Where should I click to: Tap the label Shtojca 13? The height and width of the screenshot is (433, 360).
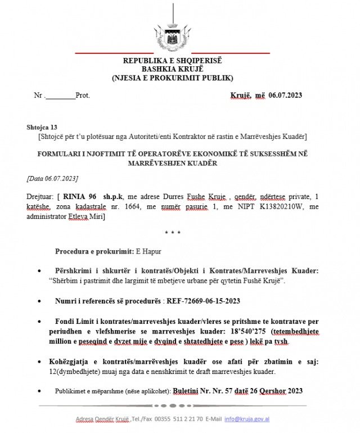tap(42, 127)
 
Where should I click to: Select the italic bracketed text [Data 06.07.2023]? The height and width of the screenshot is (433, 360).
tap(52, 178)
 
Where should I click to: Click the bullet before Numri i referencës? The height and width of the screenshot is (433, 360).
tap(39, 301)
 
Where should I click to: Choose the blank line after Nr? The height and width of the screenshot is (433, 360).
tap(60, 96)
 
